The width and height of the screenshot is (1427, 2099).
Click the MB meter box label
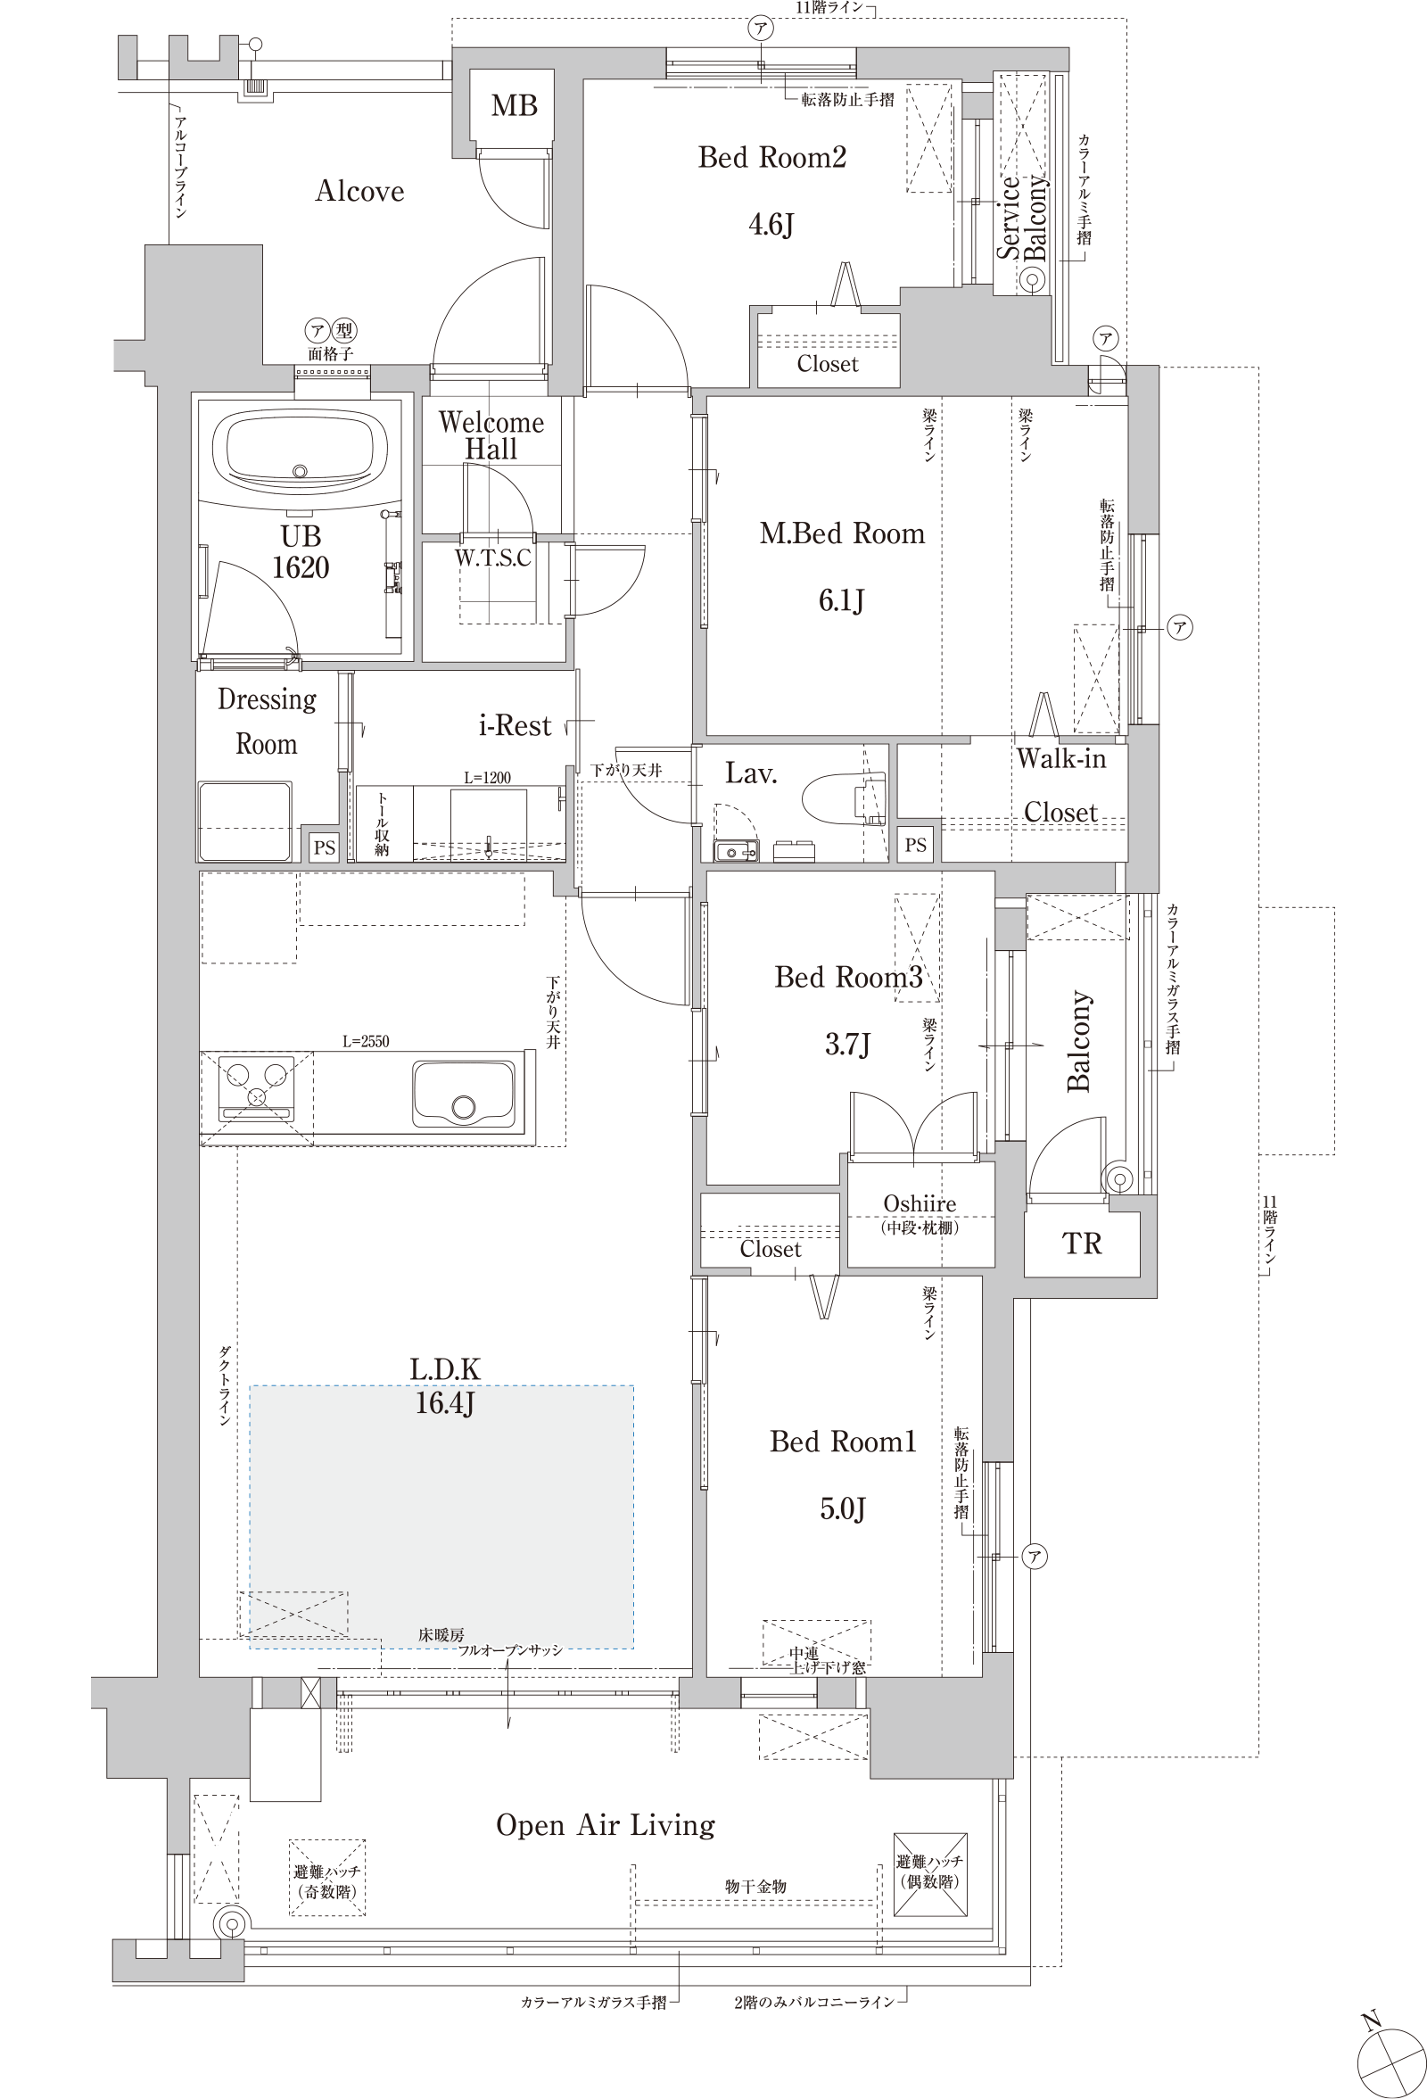pyautogui.click(x=514, y=105)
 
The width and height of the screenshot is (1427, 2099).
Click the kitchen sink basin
pyautogui.click(x=463, y=1093)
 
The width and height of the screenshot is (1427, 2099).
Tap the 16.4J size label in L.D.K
pyautogui.click(x=444, y=1402)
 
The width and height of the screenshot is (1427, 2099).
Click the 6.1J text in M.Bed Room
pyautogui.click(x=842, y=600)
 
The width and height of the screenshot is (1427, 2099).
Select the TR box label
pyautogui.click(x=1082, y=1244)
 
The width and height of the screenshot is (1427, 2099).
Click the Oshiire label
pyautogui.click(x=920, y=1203)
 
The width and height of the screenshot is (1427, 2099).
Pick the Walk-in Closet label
pyautogui.click(x=1061, y=785)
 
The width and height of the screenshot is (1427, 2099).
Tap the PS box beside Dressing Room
pyautogui.click(x=325, y=847)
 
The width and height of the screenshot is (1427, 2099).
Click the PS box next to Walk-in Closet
pyautogui.click(x=916, y=846)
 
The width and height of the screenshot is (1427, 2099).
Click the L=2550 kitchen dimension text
pyautogui.click(x=366, y=1041)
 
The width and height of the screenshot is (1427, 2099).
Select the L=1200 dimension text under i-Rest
pyautogui.click(x=487, y=778)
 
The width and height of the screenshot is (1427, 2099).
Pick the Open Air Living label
pyautogui.click(x=605, y=1825)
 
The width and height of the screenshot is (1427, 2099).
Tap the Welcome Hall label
pyautogui.click(x=491, y=435)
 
